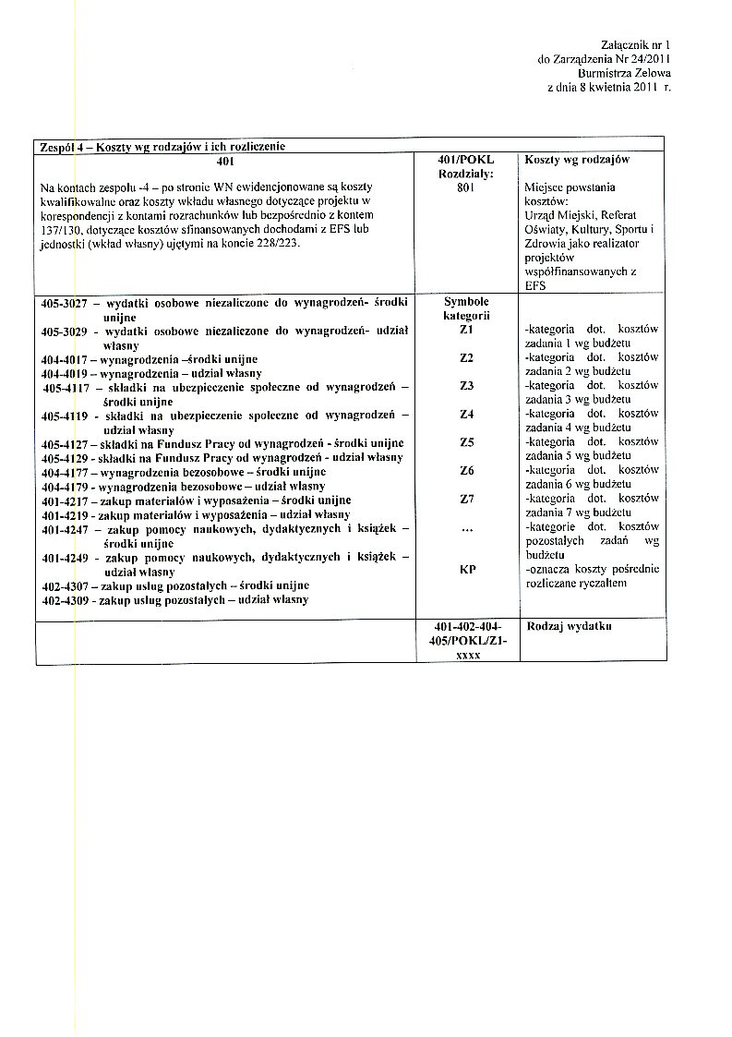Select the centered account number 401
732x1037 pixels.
(222, 160)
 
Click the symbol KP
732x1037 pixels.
(466, 570)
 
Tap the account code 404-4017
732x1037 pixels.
(64, 358)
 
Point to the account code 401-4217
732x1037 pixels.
(64, 500)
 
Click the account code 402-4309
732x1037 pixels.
(64, 600)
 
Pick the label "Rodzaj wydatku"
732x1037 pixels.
(570, 627)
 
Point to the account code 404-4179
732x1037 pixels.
(64, 487)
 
